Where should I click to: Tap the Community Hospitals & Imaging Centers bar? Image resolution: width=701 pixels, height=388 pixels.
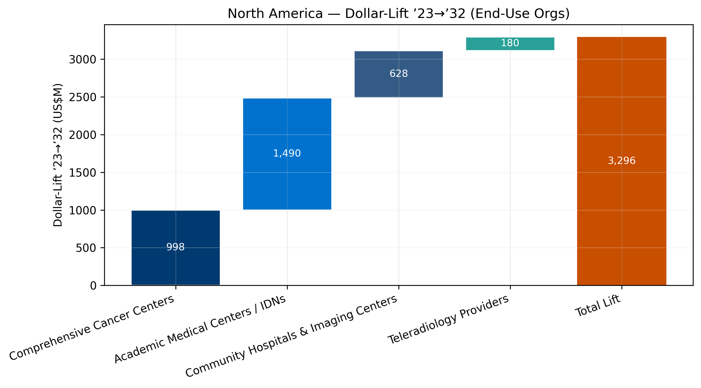[398, 84]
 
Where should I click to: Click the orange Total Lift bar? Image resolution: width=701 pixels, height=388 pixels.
[621, 217]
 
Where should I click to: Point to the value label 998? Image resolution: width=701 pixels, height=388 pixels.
[175, 247]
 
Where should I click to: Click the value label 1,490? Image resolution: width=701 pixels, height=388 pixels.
[287, 153]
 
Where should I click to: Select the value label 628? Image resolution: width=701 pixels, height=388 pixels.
[398, 74]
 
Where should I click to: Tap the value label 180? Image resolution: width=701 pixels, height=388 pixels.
[510, 43]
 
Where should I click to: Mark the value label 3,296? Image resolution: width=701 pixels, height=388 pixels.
[621, 161]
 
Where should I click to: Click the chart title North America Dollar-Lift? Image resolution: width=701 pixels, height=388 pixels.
[399, 14]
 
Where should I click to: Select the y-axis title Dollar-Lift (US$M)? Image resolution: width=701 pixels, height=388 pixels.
[58, 155]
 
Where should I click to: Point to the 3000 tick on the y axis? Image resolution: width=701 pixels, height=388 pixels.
[82, 60]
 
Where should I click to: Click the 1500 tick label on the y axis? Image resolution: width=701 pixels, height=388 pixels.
[82, 173]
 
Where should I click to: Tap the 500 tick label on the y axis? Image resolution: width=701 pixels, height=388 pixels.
[86, 248]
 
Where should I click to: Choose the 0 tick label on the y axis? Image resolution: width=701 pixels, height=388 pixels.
[93, 286]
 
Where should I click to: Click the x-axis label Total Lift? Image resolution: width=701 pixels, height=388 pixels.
[597, 306]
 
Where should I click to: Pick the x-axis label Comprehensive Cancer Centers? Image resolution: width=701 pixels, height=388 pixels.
[92, 328]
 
